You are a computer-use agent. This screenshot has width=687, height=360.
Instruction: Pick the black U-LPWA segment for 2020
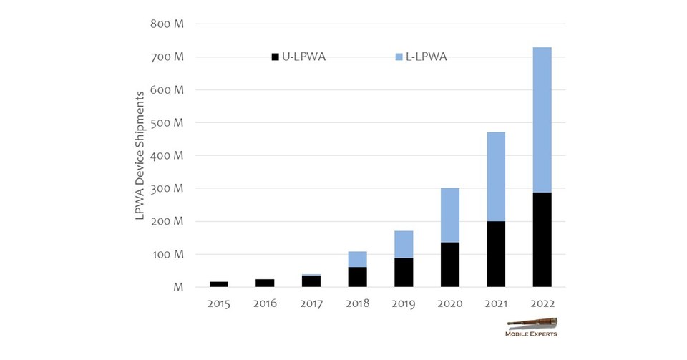(x=449, y=264)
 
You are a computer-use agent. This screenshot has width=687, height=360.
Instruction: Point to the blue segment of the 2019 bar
(x=404, y=244)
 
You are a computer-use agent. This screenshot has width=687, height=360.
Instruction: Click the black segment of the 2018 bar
(x=357, y=277)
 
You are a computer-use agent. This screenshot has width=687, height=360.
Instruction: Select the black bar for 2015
(x=219, y=284)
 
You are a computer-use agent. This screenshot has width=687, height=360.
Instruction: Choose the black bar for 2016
(x=265, y=283)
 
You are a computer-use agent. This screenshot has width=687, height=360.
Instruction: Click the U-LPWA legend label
(x=303, y=57)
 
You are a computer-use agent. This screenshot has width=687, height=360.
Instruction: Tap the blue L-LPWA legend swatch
(x=399, y=57)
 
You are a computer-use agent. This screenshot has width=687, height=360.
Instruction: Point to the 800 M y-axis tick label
(x=168, y=24)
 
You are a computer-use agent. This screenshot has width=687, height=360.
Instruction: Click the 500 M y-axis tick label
(x=168, y=122)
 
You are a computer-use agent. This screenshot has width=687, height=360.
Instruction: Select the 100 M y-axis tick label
(x=168, y=254)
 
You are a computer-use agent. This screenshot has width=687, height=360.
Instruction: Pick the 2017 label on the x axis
(x=311, y=303)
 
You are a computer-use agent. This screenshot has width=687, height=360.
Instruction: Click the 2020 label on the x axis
(x=449, y=303)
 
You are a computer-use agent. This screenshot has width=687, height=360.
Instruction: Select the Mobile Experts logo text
(x=531, y=334)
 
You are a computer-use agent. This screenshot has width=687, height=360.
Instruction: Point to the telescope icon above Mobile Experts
(x=532, y=323)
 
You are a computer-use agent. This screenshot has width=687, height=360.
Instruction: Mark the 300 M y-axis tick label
(x=168, y=188)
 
